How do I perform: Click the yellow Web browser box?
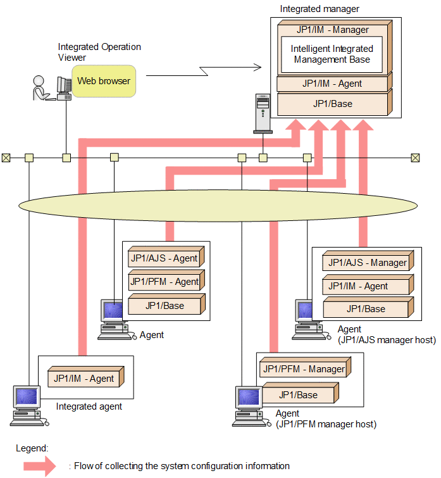coord(104,81)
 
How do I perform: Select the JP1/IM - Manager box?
coord(332,30)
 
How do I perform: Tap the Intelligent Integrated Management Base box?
coord(332,54)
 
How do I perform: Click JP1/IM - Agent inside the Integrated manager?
coord(332,83)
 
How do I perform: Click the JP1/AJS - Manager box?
coord(367,262)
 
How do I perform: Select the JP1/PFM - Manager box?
coord(304,368)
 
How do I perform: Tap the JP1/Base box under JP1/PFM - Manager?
coord(299,394)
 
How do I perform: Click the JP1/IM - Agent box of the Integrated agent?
coord(84,379)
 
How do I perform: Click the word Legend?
coord(32,448)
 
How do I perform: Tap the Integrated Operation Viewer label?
coord(99,52)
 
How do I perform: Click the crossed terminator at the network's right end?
coord(415,158)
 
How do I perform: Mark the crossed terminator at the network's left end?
coord(6,158)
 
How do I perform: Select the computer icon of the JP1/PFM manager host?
coord(247,404)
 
